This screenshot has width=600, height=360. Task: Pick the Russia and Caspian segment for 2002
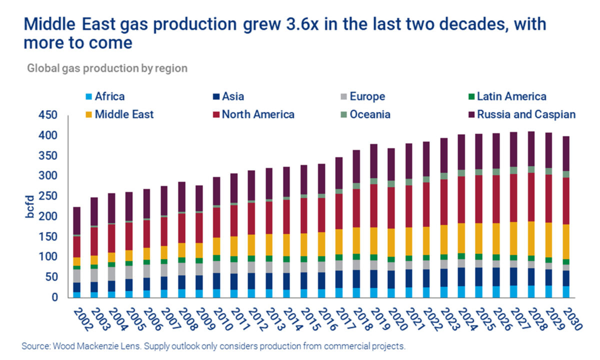76,220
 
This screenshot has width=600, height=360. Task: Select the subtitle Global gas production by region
107,68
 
